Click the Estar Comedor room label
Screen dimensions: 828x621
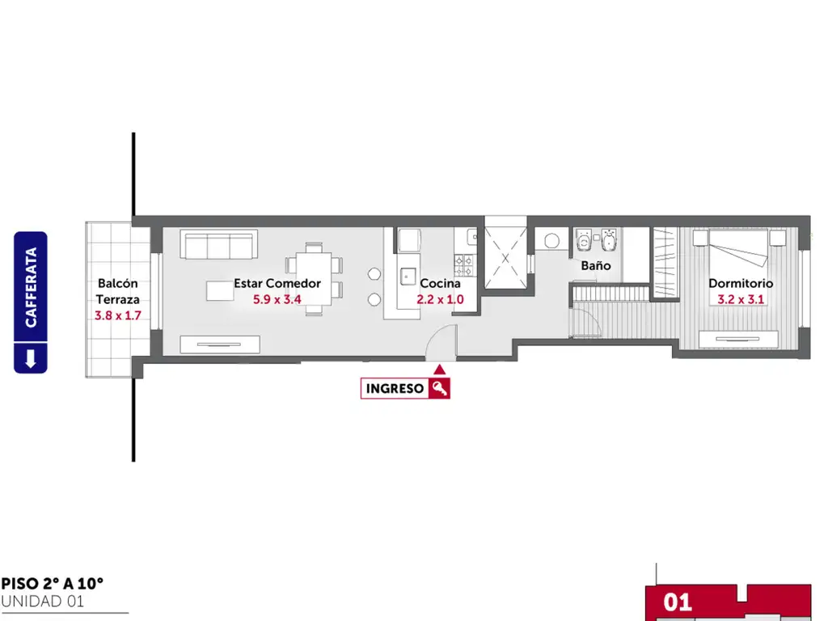pyautogui.click(x=277, y=284)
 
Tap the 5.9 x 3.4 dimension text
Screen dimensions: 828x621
pyautogui.click(x=277, y=299)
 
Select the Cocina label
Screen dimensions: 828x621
pyautogui.click(x=440, y=284)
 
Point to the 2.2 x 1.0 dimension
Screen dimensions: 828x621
pyautogui.click(x=440, y=299)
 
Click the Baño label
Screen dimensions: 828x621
pyautogui.click(x=596, y=265)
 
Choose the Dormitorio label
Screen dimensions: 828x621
pyautogui.click(x=741, y=284)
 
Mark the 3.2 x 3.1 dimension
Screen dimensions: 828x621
pyautogui.click(x=741, y=299)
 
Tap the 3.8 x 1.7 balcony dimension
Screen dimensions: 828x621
pyautogui.click(x=118, y=316)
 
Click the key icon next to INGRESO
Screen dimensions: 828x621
pyautogui.click(x=439, y=389)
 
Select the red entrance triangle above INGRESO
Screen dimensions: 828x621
pyautogui.click(x=439, y=370)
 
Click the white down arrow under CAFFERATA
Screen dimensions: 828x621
pyautogui.click(x=31, y=358)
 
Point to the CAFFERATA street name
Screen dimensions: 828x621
pyautogui.click(x=31, y=287)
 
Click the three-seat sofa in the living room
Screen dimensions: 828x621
pyautogui.click(x=218, y=244)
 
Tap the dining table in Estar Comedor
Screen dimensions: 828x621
pyautogui.click(x=314, y=279)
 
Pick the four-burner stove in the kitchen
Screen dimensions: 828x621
pyautogui.click(x=465, y=265)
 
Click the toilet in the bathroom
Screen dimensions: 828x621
pyautogui.click(x=584, y=240)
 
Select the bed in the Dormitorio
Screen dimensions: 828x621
pyautogui.click(x=739, y=247)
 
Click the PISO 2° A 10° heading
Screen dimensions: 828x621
pyautogui.click(x=53, y=584)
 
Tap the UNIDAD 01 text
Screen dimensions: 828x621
pyautogui.click(x=43, y=602)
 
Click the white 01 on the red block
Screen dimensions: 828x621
pyautogui.click(x=678, y=602)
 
